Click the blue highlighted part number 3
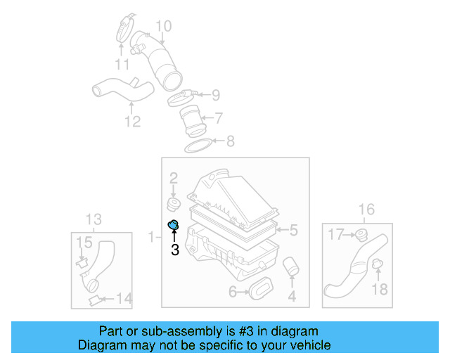(x=174, y=225)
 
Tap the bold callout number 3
(x=174, y=249)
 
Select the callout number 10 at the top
(x=163, y=27)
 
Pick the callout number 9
(x=215, y=94)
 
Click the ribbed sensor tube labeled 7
(x=191, y=120)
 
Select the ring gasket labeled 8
(x=199, y=146)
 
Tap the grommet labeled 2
(x=172, y=205)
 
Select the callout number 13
(x=94, y=219)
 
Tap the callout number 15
(x=84, y=243)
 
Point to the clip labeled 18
(x=377, y=266)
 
